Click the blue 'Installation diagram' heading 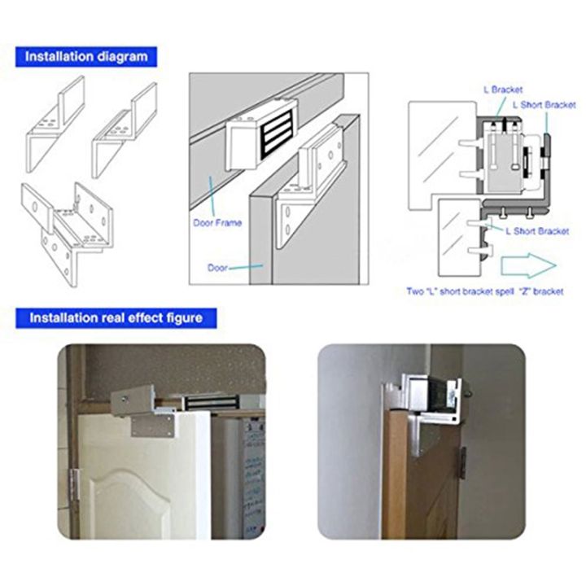click(85, 57)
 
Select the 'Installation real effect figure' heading click(116, 317)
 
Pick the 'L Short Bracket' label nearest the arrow click(536, 231)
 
